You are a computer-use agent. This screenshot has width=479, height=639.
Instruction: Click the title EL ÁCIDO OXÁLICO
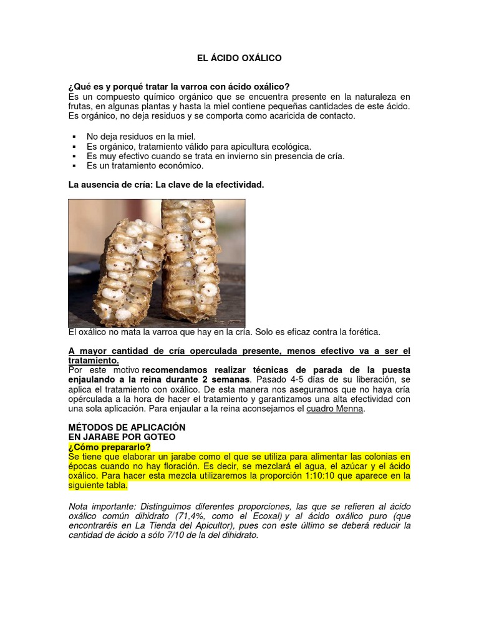(239, 58)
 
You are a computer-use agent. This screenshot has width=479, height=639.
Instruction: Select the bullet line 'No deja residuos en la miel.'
(141, 136)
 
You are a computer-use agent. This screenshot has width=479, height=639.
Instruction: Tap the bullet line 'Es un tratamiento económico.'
(145, 166)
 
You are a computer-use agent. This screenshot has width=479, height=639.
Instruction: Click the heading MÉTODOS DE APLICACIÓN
(127, 427)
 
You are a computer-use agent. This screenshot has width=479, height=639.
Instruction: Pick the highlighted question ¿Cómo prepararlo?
(109, 447)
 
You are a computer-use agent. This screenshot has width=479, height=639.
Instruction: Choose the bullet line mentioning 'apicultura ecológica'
(199, 146)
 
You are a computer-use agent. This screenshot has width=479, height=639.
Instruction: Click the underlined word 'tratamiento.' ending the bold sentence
(93, 361)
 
